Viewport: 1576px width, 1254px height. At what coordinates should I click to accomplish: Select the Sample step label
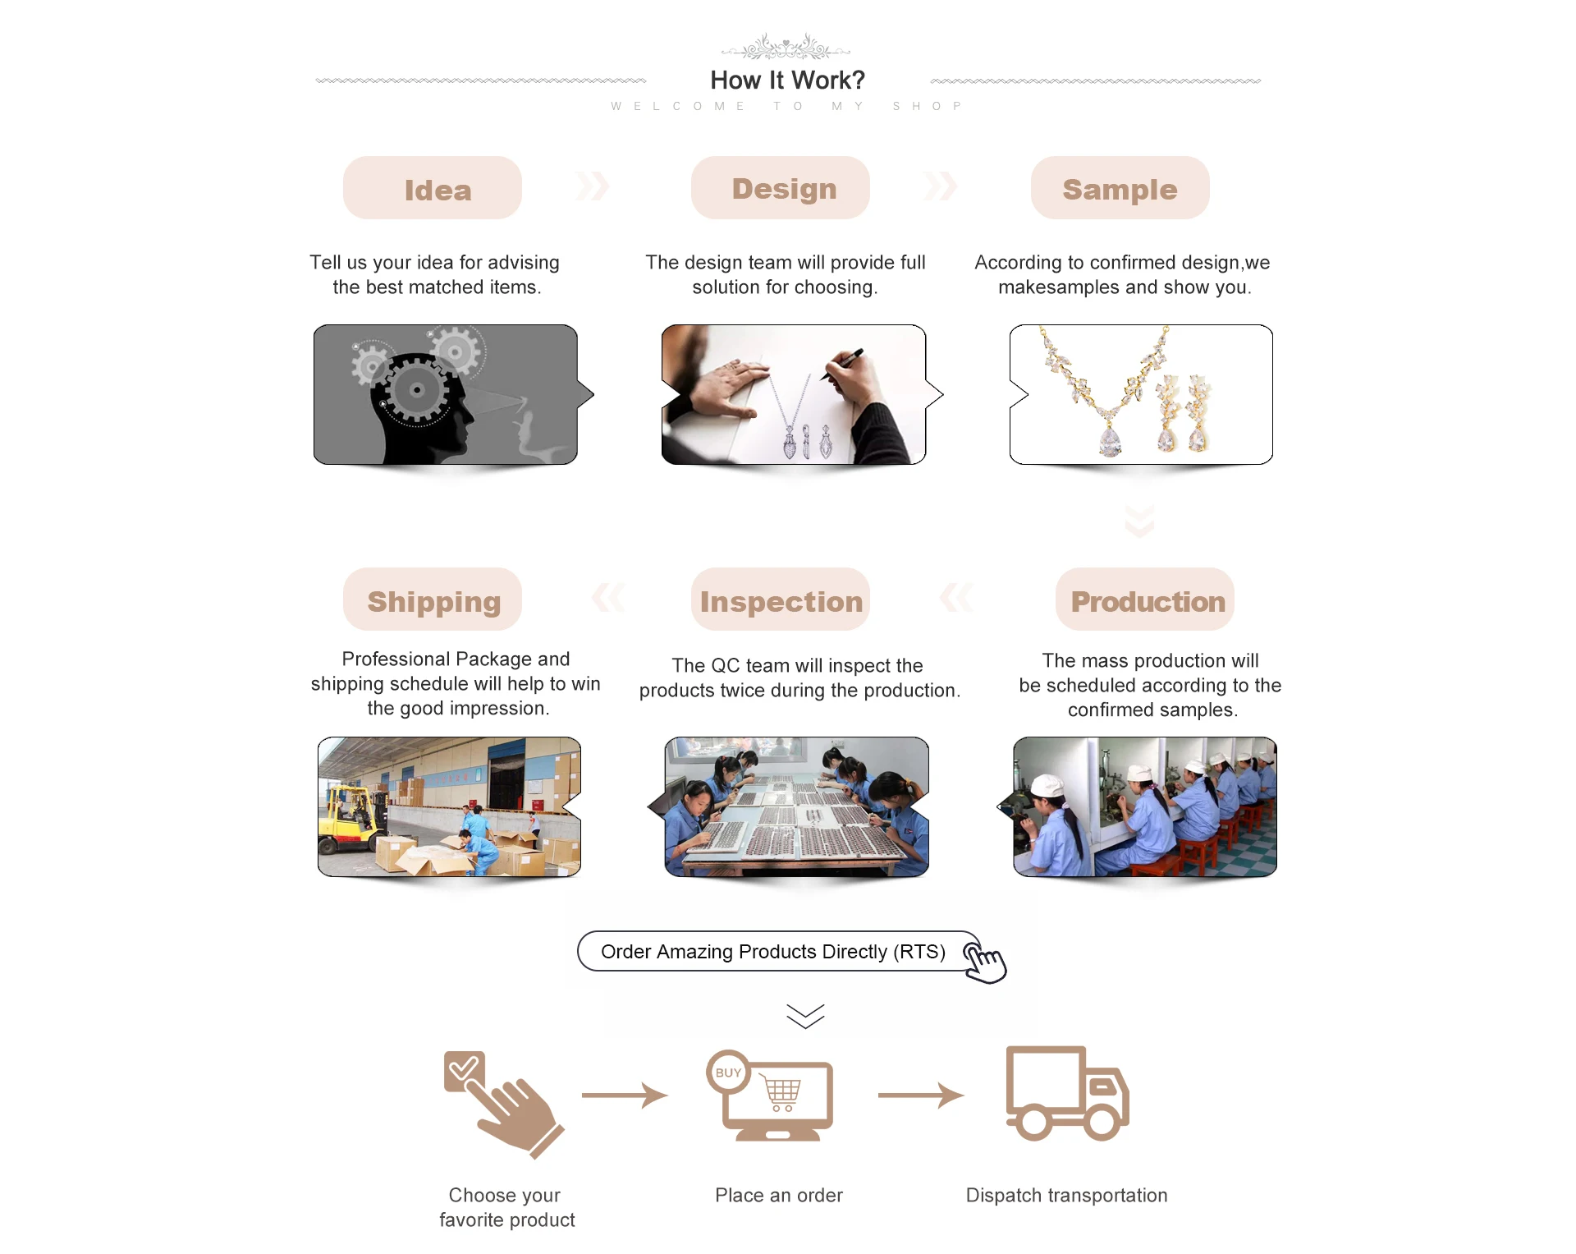click(x=1120, y=188)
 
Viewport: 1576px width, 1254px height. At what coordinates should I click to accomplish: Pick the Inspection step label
click(x=781, y=599)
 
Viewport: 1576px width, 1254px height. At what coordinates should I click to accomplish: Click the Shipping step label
click(x=433, y=599)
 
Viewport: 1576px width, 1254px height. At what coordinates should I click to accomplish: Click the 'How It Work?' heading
click(x=788, y=80)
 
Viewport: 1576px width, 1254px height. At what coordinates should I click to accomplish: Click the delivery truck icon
click(x=1068, y=1093)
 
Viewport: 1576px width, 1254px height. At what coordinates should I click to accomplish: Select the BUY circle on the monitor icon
click(x=728, y=1072)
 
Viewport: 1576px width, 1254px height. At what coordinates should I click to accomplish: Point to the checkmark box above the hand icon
click(x=465, y=1070)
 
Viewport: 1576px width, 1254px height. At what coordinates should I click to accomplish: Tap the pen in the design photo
click(x=841, y=364)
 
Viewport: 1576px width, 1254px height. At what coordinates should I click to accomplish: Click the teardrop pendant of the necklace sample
click(x=1110, y=440)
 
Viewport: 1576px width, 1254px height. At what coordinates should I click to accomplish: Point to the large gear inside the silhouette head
click(x=417, y=389)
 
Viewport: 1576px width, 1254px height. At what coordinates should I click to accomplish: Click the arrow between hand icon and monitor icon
click(x=625, y=1095)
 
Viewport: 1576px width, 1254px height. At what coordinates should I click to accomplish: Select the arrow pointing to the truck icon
click(x=921, y=1095)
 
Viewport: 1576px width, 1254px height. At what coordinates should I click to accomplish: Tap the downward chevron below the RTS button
click(x=805, y=1016)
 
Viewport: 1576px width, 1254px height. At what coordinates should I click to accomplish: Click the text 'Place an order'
click(x=779, y=1195)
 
